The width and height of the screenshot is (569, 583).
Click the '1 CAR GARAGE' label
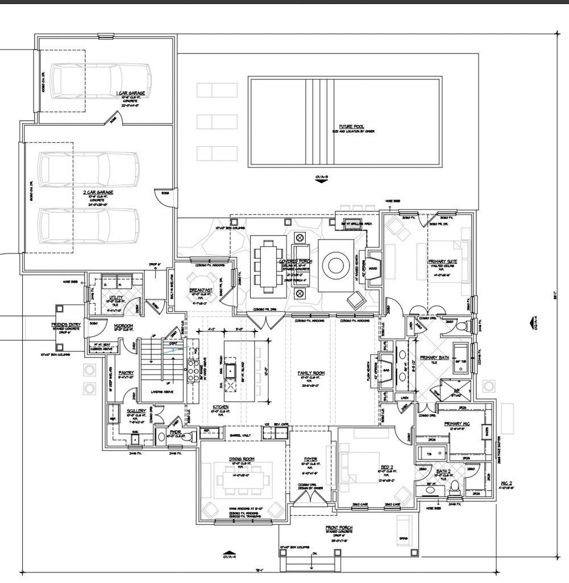tap(131, 93)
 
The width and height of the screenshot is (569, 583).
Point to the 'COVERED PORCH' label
tap(296, 261)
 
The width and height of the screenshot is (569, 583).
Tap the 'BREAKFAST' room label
tap(201, 290)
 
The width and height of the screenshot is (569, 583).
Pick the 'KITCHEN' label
tap(221, 407)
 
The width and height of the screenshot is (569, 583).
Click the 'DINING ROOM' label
tap(242, 458)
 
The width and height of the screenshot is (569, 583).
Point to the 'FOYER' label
tap(310, 458)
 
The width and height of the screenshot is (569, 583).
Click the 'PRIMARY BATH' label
tap(435, 358)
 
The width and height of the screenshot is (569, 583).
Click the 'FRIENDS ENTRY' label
tap(66, 325)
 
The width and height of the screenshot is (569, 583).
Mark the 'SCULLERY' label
tap(136, 410)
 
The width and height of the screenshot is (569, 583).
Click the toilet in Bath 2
tap(454, 488)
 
